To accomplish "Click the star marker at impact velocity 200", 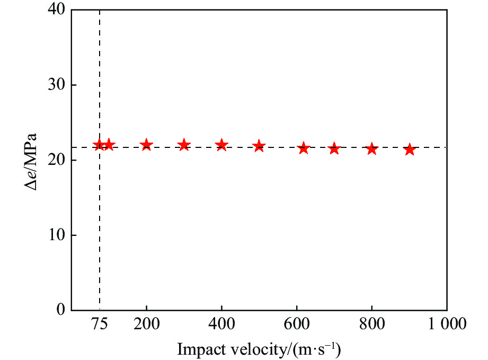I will (x=146, y=145).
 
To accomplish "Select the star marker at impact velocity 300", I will (x=184, y=145).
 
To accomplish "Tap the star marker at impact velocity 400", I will (x=221, y=145).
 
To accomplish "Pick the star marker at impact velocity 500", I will (x=259, y=146).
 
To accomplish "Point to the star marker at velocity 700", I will (x=334, y=148).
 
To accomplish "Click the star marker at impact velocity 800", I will (x=372, y=148).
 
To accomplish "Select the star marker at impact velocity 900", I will (x=409, y=150).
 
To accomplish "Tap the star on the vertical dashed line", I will (x=99, y=145).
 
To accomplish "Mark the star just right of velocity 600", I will (x=304, y=148).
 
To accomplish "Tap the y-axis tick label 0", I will (x=59, y=310).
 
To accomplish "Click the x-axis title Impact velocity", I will (x=259, y=349).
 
